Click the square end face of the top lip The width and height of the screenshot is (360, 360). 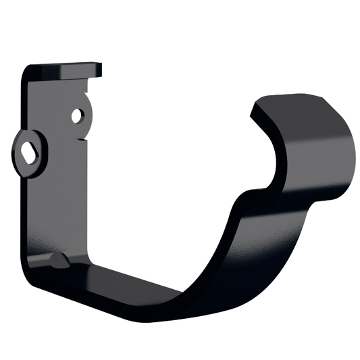click(x=99, y=70)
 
